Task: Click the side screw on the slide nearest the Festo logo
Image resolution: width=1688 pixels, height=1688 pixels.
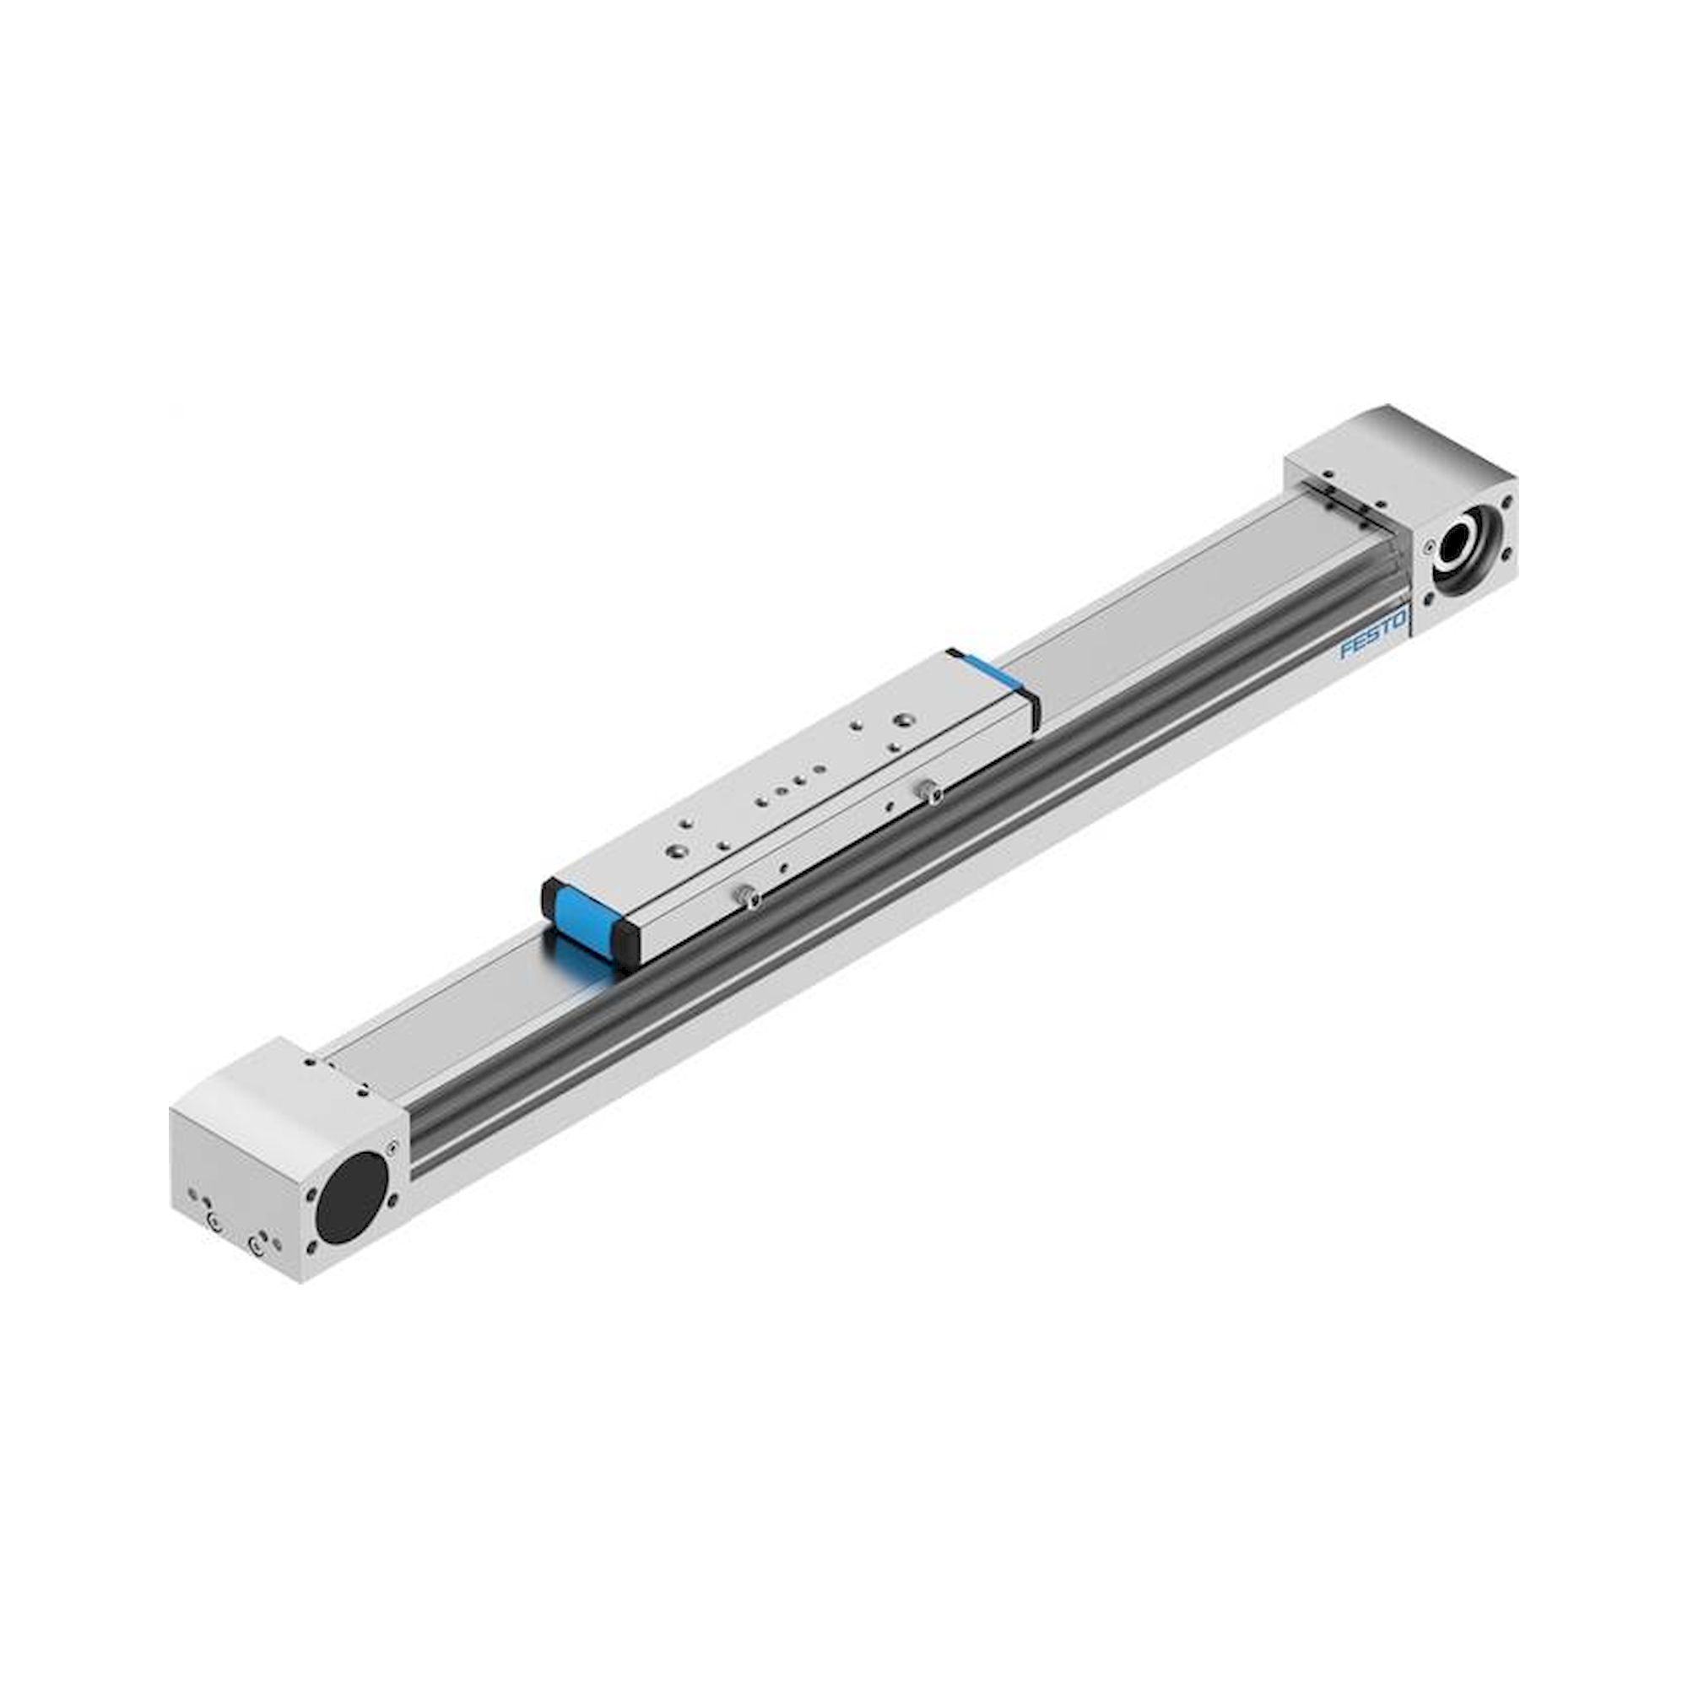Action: click(x=929, y=793)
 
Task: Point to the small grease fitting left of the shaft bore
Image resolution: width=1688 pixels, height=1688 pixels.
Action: click(x=1426, y=549)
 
